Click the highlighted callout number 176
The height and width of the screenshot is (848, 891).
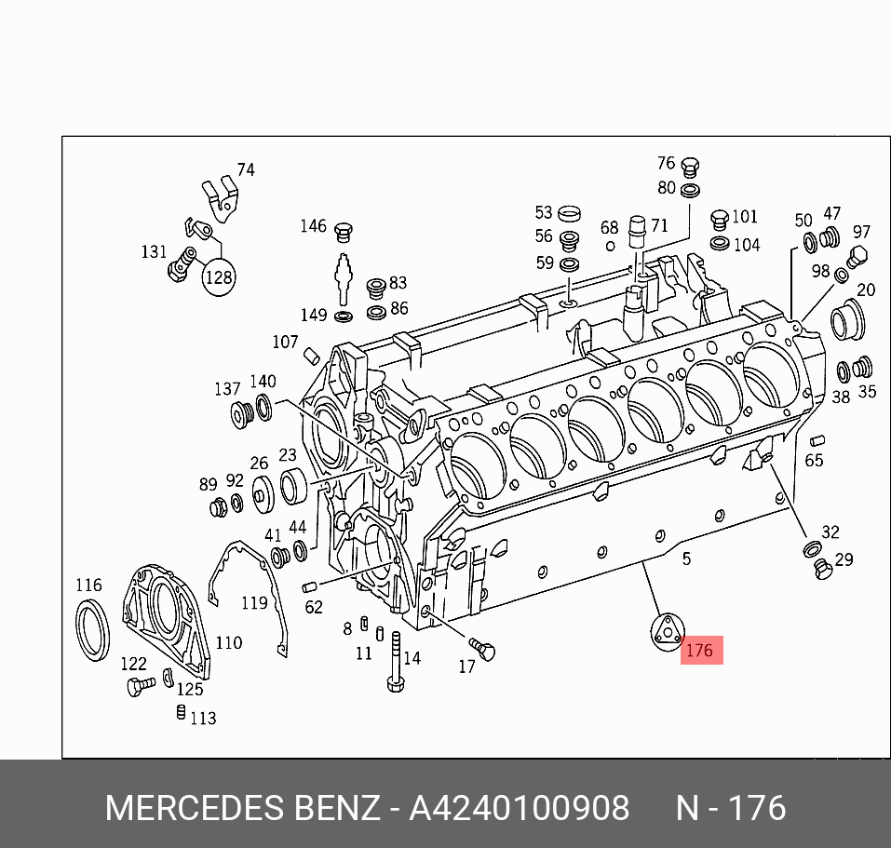click(x=699, y=651)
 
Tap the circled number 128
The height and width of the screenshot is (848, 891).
click(x=219, y=277)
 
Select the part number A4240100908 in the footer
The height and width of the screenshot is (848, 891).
click(x=520, y=808)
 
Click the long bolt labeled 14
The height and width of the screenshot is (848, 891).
click(x=396, y=662)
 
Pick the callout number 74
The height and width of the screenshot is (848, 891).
click(x=246, y=169)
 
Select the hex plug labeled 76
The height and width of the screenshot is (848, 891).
click(x=690, y=168)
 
